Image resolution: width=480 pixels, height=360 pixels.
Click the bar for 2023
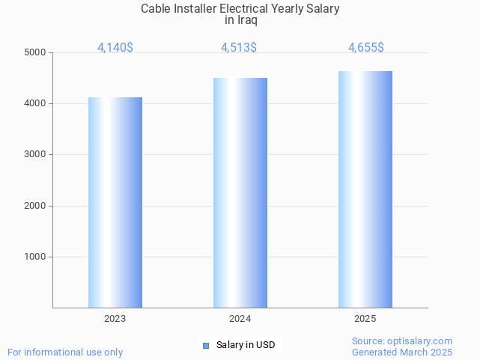[115, 202]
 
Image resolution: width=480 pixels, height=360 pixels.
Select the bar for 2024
[240, 192]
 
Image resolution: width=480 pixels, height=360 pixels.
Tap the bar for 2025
[365, 189]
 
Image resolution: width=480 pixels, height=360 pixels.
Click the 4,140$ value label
[115, 47]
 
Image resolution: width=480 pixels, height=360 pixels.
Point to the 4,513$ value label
[239, 47]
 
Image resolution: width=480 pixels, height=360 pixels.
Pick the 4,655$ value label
[366, 47]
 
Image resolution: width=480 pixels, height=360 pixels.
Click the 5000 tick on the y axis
[34, 52]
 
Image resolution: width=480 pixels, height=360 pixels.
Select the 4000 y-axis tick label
[34, 103]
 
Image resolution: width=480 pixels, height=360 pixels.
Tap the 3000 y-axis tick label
[34, 155]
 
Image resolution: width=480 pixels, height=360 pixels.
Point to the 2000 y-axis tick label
[34, 206]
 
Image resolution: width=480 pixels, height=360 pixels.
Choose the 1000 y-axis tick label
[34, 257]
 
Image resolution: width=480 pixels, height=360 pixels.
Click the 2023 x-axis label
[115, 319]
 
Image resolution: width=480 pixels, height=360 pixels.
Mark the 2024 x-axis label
[240, 319]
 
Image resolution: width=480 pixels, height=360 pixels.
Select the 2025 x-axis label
[365, 319]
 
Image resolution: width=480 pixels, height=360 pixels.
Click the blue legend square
[206, 345]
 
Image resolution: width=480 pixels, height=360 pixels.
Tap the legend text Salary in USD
[246, 345]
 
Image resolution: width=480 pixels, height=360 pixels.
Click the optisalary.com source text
[402, 341]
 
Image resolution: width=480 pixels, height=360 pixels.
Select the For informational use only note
[65, 352]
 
